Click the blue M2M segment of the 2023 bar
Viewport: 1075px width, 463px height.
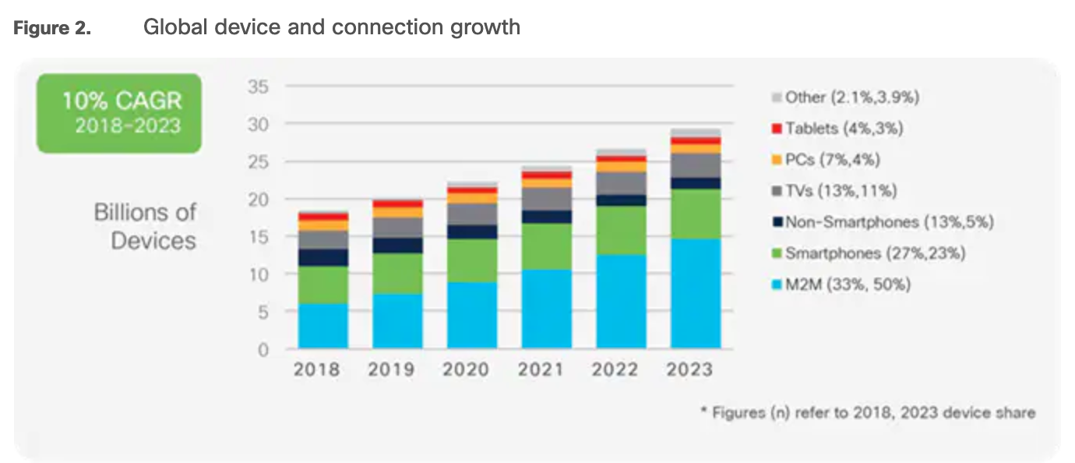click(x=695, y=293)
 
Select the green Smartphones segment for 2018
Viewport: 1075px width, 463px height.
click(x=322, y=285)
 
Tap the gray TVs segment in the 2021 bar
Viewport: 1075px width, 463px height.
click(x=546, y=199)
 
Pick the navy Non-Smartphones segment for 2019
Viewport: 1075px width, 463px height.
click(x=397, y=246)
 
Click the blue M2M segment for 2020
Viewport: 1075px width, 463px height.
click(x=472, y=315)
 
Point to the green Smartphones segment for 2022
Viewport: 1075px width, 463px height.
click(x=621, y=231)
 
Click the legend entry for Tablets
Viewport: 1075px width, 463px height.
click(x=837, y=129)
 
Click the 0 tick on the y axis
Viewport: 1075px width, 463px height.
click(x=263, y=349)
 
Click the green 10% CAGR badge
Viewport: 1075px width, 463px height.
click(x=119, y=113)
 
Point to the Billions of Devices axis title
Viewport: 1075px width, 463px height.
click(x=145, y=226)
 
